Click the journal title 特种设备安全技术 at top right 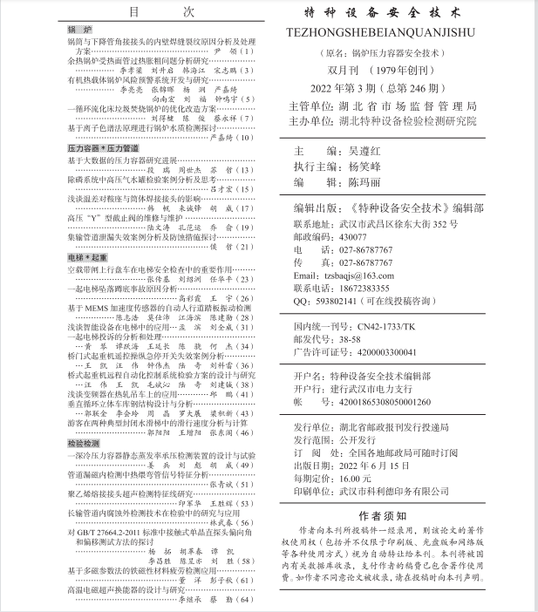click(x=389, y=15)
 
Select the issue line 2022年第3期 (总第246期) click(x=388, y=88)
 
